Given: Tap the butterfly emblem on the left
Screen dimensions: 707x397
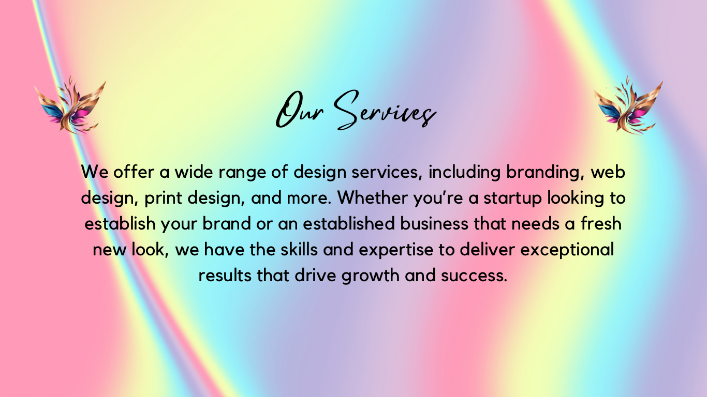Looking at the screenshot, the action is (70, 105).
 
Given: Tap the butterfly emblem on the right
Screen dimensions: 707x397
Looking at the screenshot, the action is (628, 105).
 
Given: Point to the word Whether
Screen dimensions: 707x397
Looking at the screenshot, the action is (373, 197).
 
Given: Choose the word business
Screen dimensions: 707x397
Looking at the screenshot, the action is (434, 223).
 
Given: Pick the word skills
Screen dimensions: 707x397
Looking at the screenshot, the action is (299, 250).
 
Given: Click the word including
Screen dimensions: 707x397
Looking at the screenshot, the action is (464, 173).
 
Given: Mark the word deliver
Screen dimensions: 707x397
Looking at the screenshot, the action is (488, 250).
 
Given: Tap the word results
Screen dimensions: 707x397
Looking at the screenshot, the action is (225, 276).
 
